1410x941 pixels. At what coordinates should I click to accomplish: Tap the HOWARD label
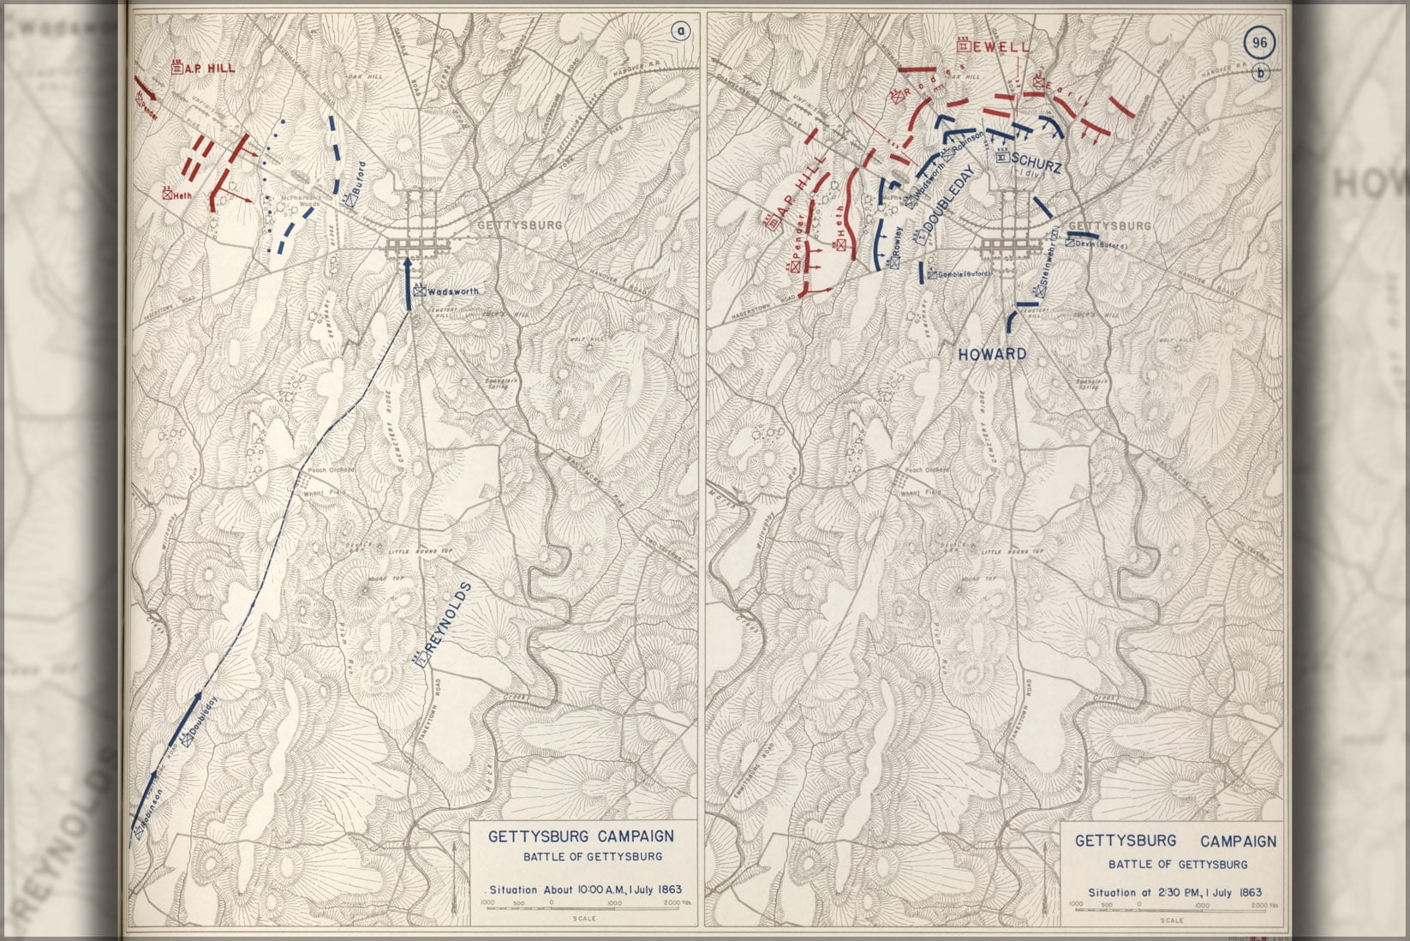pyautogui.click(x=992, y=354)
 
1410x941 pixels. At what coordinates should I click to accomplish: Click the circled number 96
pyautogui.click(x=1259, y=43)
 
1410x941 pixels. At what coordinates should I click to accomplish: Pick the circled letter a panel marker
pyautogui.click(x=680, y=33)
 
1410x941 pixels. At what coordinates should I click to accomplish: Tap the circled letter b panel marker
pyautogui.click(x=1261, y=73)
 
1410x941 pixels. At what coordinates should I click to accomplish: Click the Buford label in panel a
pyautogui.click(x=359, y=178)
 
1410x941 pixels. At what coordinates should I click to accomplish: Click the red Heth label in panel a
pyautogui.click(x=181, y=195)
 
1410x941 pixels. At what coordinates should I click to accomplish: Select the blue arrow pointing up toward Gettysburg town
pyautogui.click(x=408, y=283)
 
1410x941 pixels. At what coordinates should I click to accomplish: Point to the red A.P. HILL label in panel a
pyautogui.click(x=208, y=69)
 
